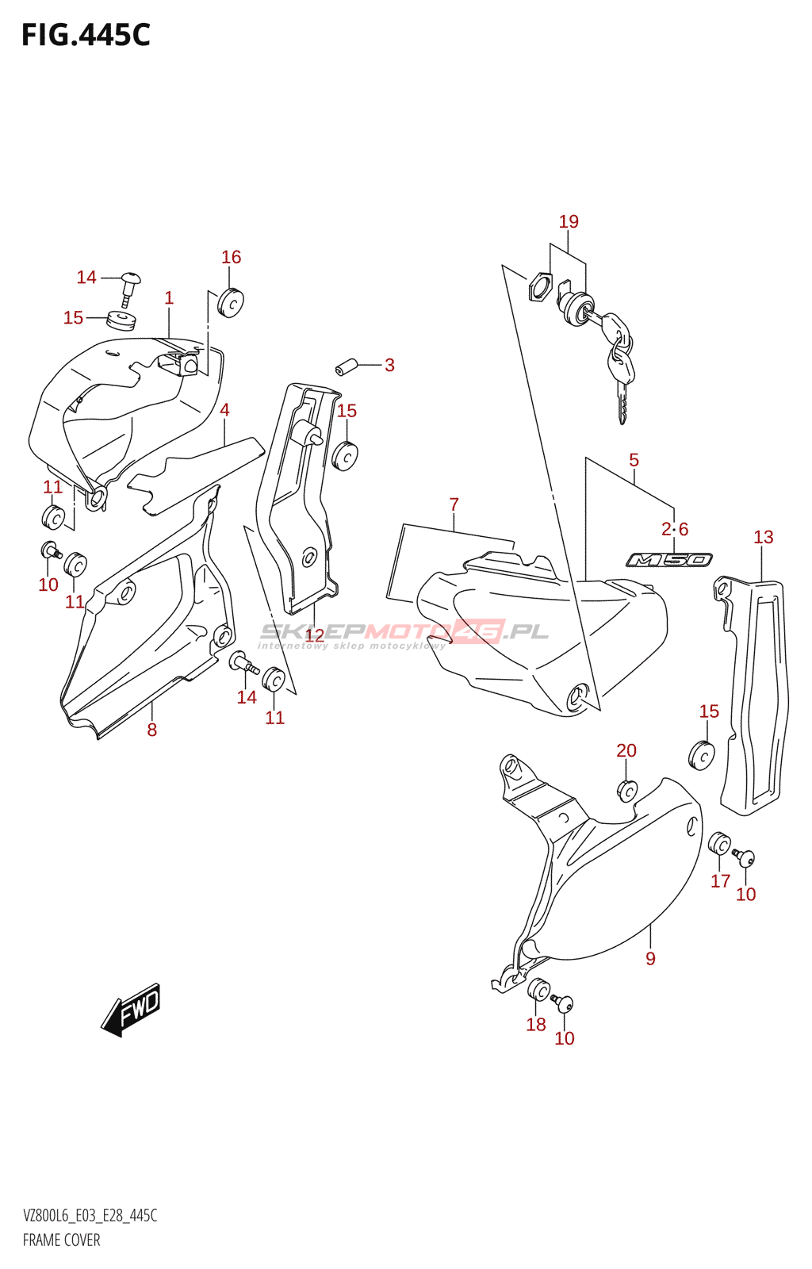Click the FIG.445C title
tap(86, 35)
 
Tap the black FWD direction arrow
tap(131, 1010)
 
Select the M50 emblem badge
tap(669, 560)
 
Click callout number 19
tap(569, 222)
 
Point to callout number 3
tap(389, 365)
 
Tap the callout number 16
tap(231, 257)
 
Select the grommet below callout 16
tap(231, 302)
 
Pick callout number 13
tap(763, 537)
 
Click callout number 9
tap(650, 958)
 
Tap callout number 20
tap(626, 750)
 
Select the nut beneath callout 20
tap(626, 791)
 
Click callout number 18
tap(536, 1024)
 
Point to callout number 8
tap(151, 730)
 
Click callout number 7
tap(454, 504)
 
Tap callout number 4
tap(224, 410)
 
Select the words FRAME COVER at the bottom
tap(61, 1240)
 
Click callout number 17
tap(720, 880)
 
